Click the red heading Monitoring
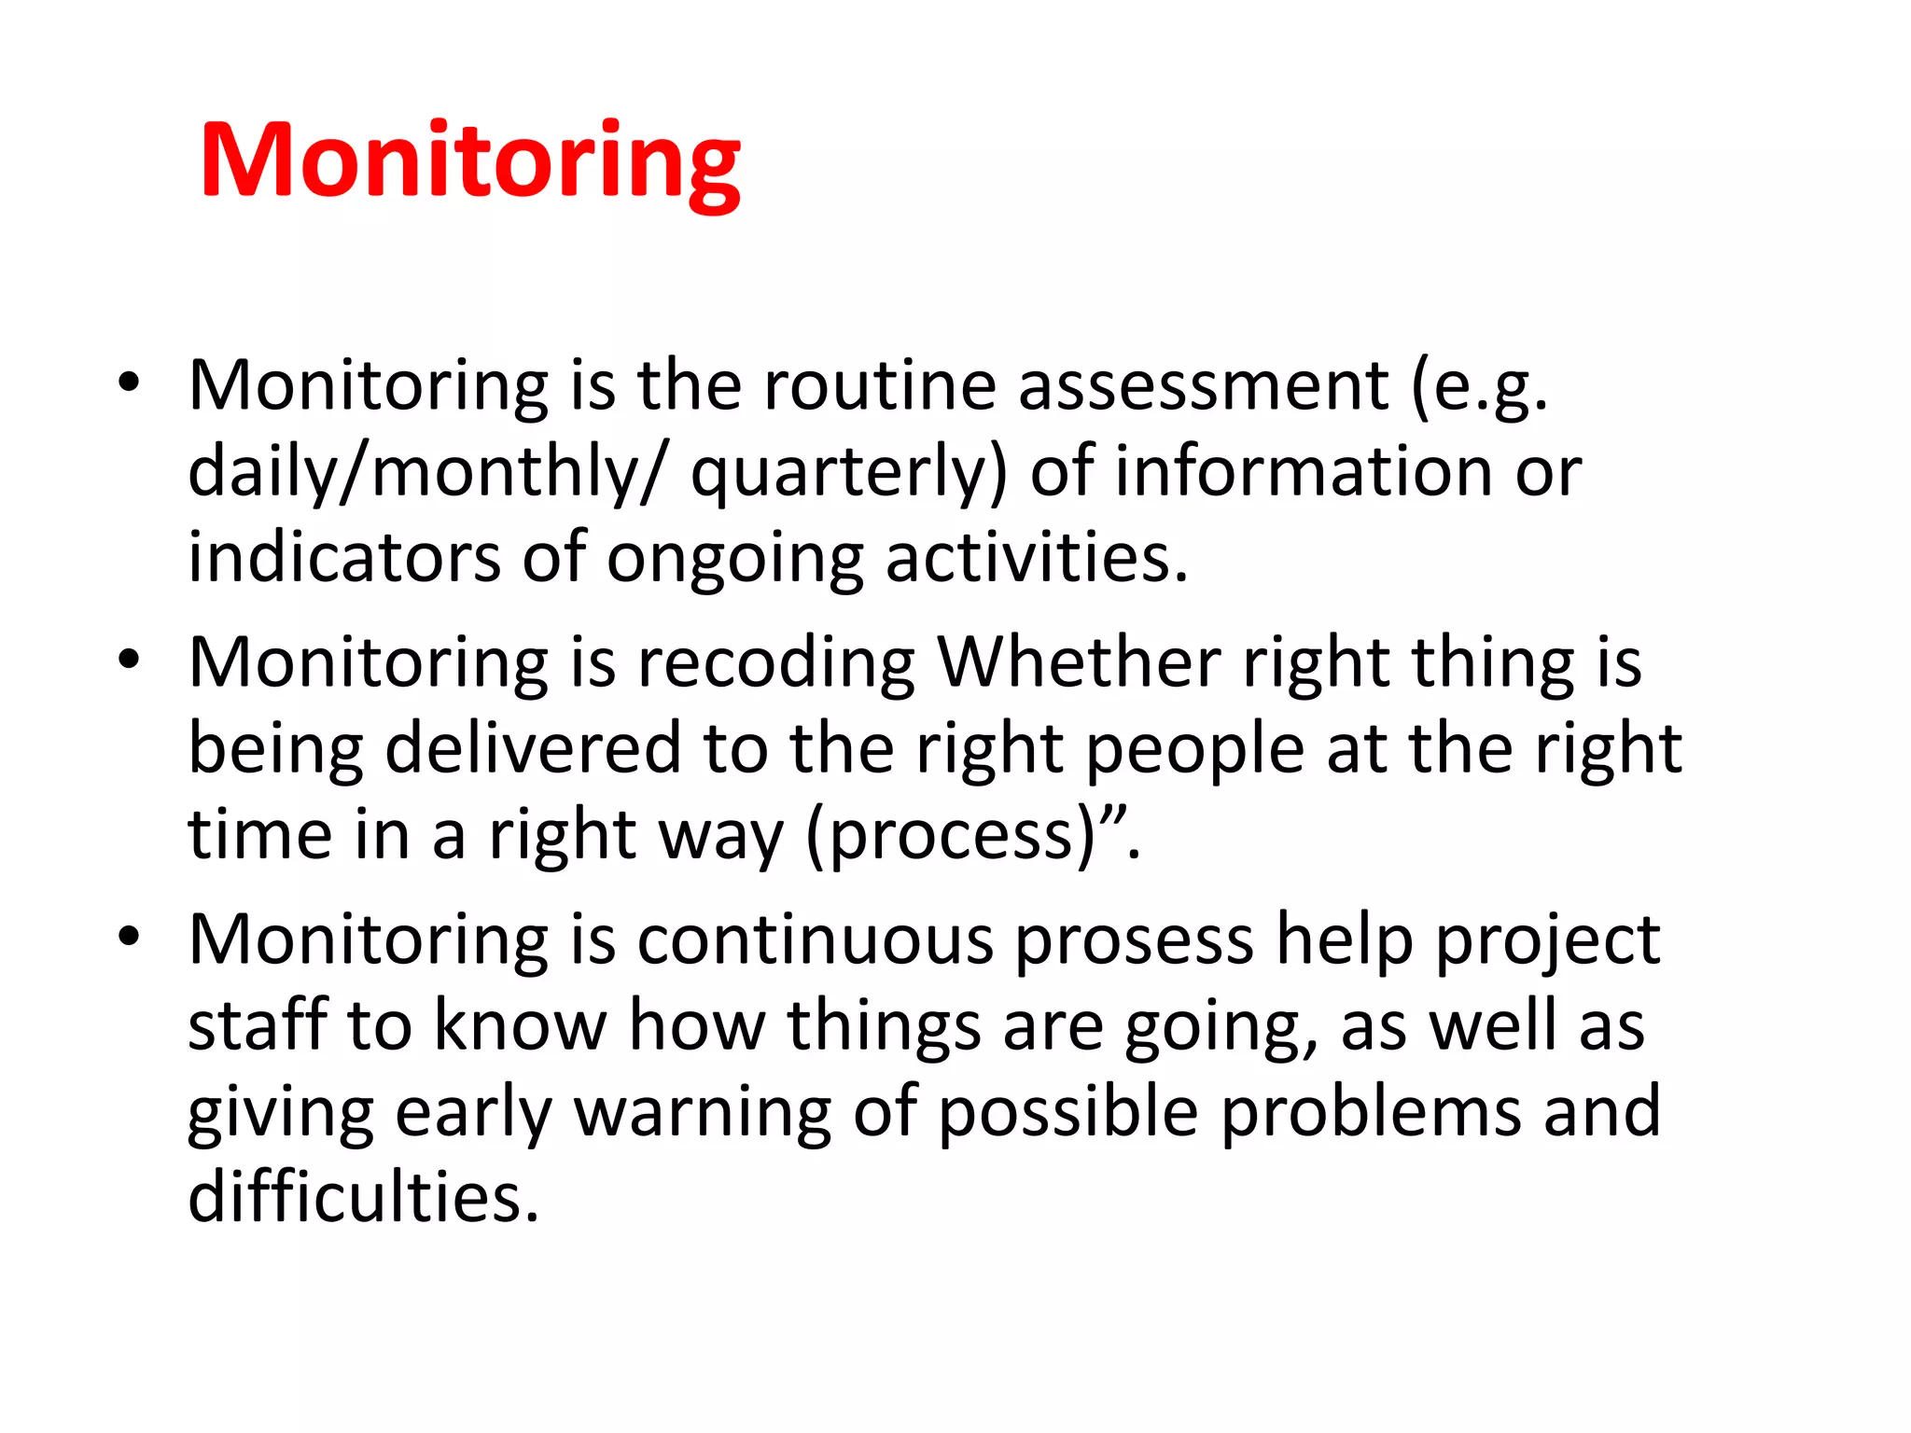[470, 163]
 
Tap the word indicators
[344, 557]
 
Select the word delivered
[533, 748]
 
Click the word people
[1195, 750]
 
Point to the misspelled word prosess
[1134, 941]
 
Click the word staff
[258, 1024]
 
